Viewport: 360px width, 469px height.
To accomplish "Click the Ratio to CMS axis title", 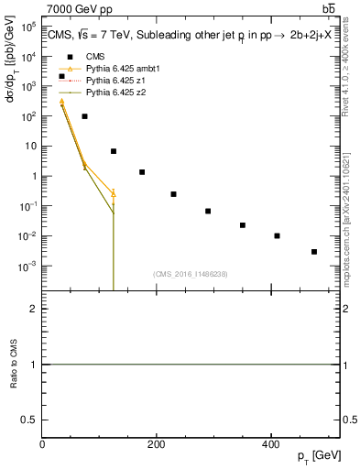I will click(x=14, y=365).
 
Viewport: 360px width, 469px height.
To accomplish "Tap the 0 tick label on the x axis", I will click(x=42, y=444).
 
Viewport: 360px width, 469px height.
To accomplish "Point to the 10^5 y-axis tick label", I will click(x=27, y=27).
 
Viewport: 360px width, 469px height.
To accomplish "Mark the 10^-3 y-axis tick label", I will click(x=27, y=267).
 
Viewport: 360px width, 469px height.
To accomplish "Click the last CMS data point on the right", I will click(x=314, y=251).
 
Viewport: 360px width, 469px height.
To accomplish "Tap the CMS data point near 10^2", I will click(x=84, y=116).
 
